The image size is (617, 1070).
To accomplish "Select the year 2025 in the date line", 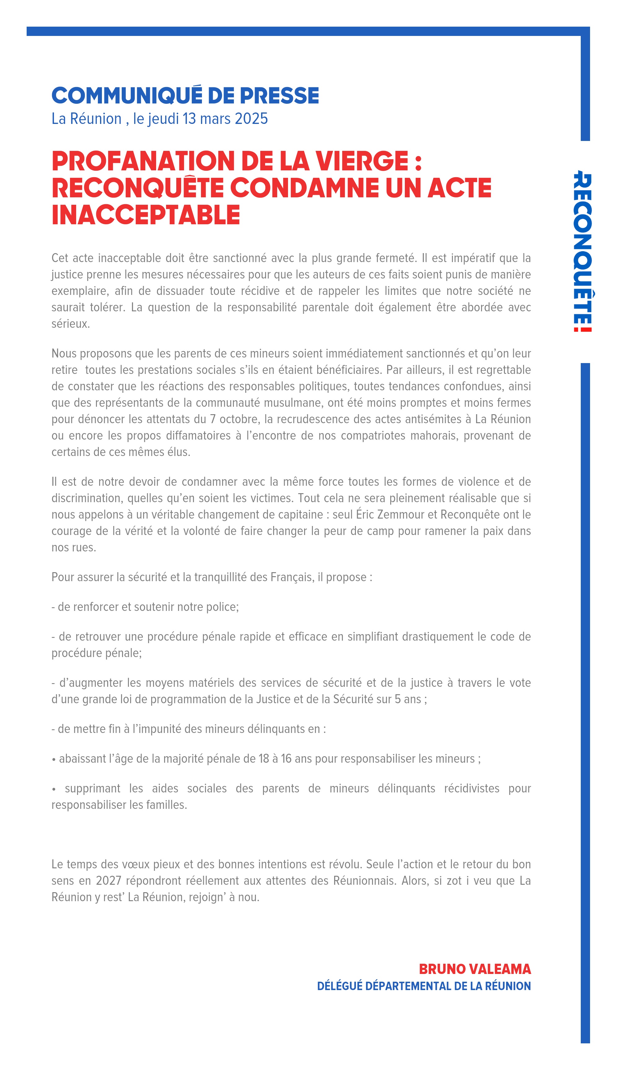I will (251, 119).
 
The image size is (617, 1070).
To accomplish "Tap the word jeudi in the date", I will (162, 119).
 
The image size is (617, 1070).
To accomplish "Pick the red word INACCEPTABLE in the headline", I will (146, 215).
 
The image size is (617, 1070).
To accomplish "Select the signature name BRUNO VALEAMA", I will (475, 969).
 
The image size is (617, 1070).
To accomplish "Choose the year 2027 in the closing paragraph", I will (108, 881).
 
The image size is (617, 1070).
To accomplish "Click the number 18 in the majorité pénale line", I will (264, 759).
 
